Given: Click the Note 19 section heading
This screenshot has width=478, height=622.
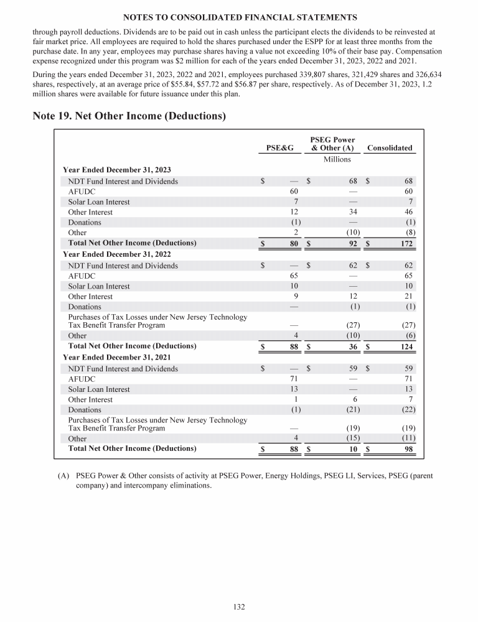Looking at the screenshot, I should point(129,115).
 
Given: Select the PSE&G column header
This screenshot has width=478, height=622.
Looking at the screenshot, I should point(279,148).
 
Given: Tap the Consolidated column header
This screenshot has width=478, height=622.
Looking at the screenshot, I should point(390,148).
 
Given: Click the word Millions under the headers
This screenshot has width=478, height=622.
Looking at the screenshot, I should point(337,159).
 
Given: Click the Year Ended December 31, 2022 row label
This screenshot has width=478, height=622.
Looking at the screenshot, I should point(117,254).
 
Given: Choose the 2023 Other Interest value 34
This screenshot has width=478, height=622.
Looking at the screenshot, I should point(352,212).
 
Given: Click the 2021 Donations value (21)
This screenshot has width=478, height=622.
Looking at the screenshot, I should point(350,410).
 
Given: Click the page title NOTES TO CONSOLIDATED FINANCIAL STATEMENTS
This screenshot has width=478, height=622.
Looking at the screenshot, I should point(239,16).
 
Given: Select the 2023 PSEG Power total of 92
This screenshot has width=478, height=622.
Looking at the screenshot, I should point(352,243).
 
